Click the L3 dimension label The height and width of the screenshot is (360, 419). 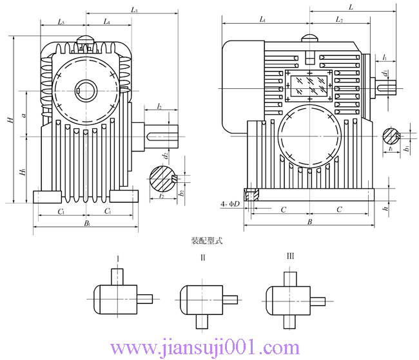coord(135,10)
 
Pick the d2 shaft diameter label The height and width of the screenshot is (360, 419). coord(166,155)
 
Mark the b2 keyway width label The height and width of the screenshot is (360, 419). coord(182,192)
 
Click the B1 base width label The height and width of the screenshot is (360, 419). coord(87,223)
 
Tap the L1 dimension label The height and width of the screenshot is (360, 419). coord(263,21)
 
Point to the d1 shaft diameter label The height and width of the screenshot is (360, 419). coord(385,73)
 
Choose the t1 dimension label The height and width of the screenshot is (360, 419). coord(391,149)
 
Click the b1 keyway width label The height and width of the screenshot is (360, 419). coord(406,149)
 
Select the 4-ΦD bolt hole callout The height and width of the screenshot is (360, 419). coord(229,205)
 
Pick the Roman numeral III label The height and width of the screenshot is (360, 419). coord(290,257)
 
